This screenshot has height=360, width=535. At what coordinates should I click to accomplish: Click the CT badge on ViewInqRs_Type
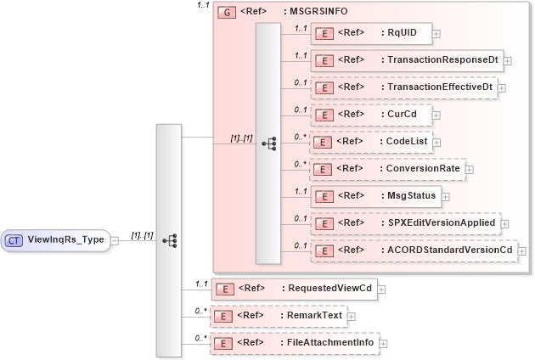14,240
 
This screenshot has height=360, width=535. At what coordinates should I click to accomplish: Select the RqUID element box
370,34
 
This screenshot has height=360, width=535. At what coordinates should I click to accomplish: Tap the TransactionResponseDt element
406,60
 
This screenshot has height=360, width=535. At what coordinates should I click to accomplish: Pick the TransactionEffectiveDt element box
403,87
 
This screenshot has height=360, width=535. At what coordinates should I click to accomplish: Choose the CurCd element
370,114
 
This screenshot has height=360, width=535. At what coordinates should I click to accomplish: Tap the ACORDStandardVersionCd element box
413,250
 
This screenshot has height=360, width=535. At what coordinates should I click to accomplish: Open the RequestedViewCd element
294,289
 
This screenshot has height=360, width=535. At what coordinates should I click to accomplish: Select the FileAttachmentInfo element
294,343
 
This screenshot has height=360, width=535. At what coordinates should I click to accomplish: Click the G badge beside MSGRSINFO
227,13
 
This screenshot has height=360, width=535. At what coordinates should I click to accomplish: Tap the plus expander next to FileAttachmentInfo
383,344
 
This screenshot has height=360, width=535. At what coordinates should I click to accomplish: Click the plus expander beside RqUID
436,35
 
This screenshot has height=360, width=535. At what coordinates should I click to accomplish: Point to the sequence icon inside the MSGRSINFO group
268,143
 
